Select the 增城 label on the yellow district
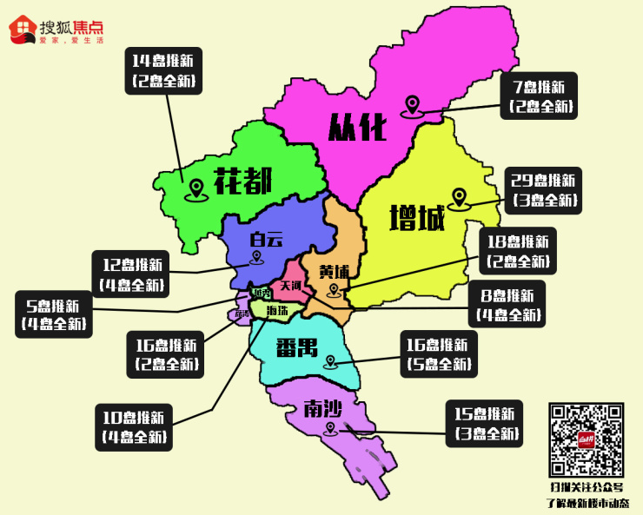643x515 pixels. coord(417,217)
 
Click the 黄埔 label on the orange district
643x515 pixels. coord(333,271)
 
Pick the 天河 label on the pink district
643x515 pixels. coord(290,286)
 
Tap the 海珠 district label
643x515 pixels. coord(277,310)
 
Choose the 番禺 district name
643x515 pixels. coord(297,348)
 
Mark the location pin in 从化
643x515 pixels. coord(412,106)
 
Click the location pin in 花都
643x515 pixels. coord(197,187)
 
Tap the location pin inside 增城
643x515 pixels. coord(458,198)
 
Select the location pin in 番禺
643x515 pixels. coord(329,361)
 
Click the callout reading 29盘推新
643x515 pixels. coord(544,190)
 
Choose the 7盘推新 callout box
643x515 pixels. coord(540,96)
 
